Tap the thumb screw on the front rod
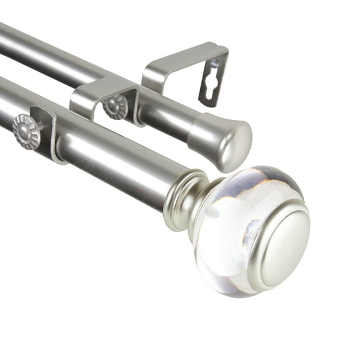27,131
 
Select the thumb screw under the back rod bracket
116,106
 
